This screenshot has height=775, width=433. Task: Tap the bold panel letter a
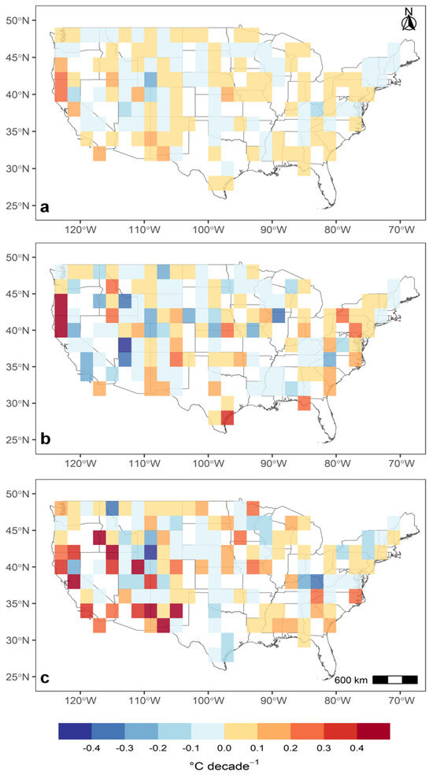[46, 207]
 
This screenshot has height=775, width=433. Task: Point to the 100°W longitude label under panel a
[208, 229]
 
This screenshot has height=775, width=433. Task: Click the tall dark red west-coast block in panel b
[60, 315]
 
